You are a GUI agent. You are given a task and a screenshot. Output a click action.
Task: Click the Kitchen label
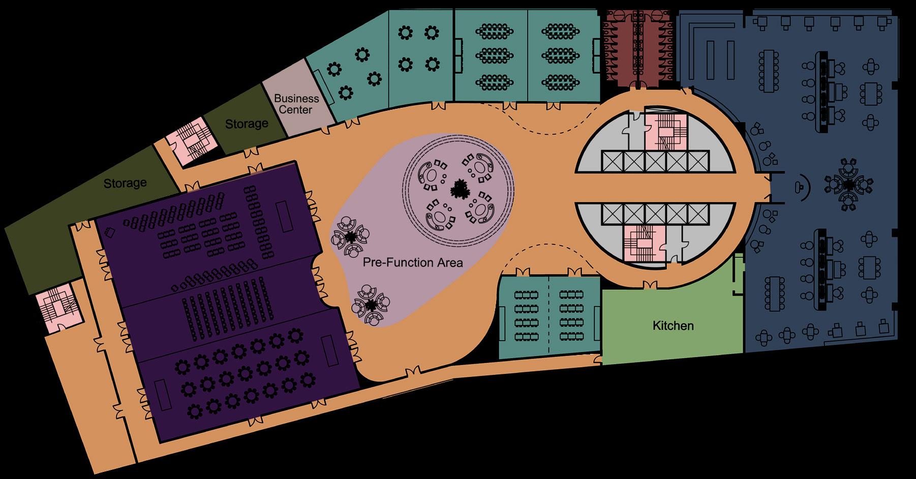click(673, 325)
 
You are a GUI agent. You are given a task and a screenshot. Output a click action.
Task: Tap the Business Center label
click(296, 104)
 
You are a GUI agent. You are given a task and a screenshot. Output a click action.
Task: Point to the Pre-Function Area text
click(413, 262)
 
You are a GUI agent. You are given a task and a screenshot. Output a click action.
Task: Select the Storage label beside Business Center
click(247, 124)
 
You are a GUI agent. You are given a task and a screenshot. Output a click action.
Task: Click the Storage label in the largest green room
click(125, 183)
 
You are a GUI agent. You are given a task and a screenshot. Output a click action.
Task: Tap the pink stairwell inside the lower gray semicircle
click(644, 244)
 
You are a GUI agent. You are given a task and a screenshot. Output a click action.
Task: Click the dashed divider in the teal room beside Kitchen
click(549, 315)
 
